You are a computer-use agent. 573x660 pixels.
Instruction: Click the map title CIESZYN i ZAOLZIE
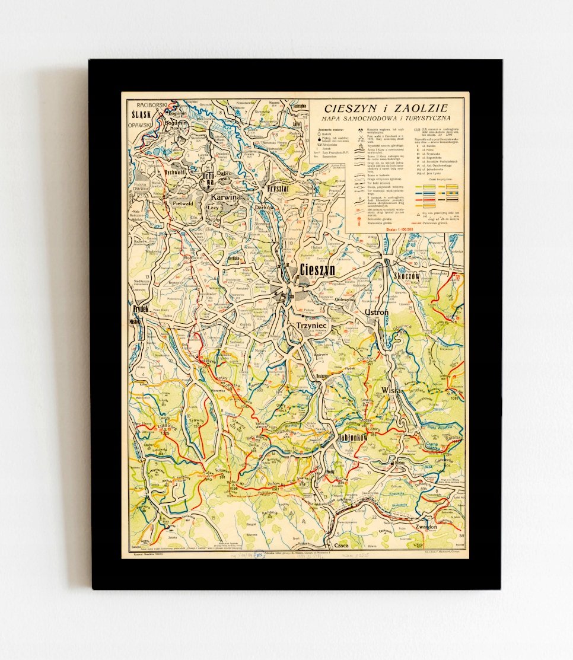386,108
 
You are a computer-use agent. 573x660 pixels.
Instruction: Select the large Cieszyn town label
317,270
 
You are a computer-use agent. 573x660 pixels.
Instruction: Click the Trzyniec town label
311,326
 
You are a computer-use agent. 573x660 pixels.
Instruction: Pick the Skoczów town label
407,276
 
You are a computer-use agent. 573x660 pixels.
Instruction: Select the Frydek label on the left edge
141,309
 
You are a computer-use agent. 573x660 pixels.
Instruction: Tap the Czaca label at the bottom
341,545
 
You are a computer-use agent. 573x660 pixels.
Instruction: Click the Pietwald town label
183,203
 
